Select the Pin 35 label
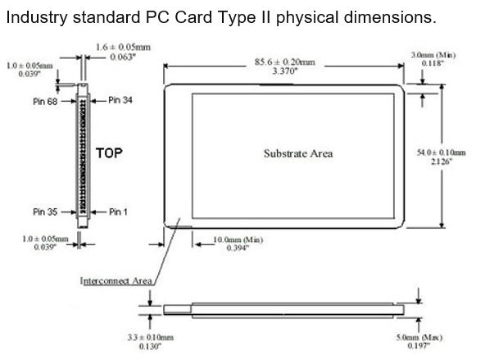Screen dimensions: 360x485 tap(45, 212)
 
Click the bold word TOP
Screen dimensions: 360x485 tap(109, 153)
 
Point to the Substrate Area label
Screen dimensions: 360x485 tap(298, 153)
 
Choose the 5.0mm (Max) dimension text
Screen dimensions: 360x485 tap(421, 337)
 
